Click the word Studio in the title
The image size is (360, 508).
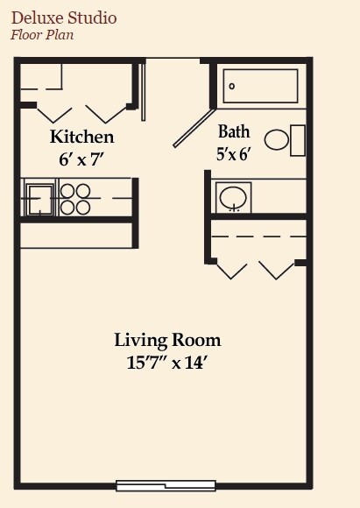[91, 18]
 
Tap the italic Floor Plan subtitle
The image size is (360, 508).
[41, 35]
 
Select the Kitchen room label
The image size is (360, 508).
[81, 138]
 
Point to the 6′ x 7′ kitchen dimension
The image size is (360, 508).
[81, 160]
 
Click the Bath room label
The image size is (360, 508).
[234, 132]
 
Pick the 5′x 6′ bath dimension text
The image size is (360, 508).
[234, 154]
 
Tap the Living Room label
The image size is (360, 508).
[167, 340]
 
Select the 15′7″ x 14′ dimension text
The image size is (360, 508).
[167, 363]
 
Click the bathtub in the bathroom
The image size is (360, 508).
[261, 86]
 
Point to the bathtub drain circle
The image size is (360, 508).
[232, 86]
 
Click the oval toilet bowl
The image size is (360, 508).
[278, 140]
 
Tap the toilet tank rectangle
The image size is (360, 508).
[298, 140]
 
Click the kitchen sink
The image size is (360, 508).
[39, 199]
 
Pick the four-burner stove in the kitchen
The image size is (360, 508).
[75, 198]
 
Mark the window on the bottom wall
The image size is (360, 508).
[166, 485]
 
